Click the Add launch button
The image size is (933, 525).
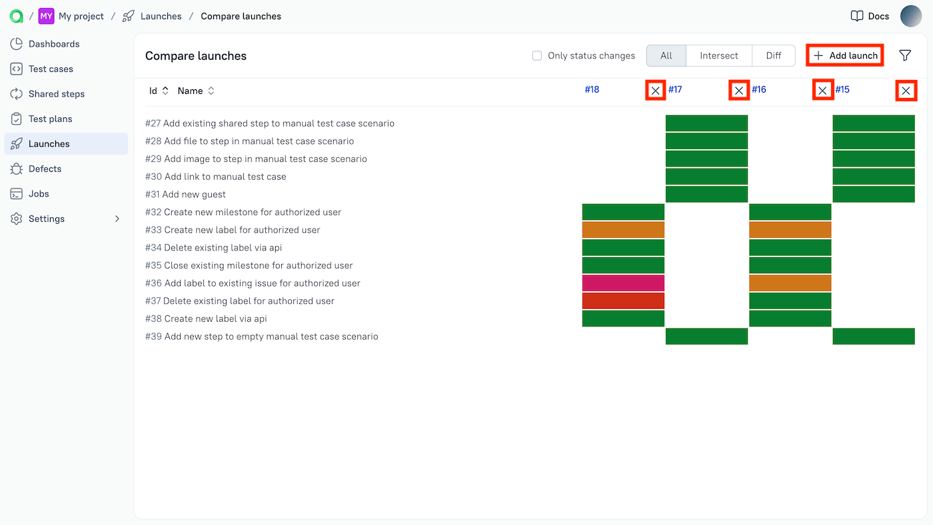click(x=845, y=55)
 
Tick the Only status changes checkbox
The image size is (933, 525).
click(x=537, y=56)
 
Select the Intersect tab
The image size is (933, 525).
click(x=718, y=56)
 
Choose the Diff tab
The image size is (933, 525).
click(x=773, y=56)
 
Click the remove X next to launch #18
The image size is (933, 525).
click(x=656, y=91)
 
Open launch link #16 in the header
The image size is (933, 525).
click(x=759, y=89)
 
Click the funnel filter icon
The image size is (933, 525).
click(x=905, y=55)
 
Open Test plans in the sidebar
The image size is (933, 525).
click(x=50, y=119)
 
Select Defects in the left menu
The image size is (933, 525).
click(x=45, y=169)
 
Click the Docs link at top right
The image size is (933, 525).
click(x=870, y=16)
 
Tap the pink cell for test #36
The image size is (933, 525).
click(x=623, y=283)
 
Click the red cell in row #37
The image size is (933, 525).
click(x=623, y=301)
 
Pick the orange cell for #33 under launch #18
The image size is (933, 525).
click(x=623, y=230)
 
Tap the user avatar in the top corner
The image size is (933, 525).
click(x=911, y=16)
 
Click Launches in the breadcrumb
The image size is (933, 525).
click(x=161, y=16)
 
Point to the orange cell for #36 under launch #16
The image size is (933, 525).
click(x=790, y=283)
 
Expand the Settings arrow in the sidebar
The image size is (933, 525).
click(x=117, y=219)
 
